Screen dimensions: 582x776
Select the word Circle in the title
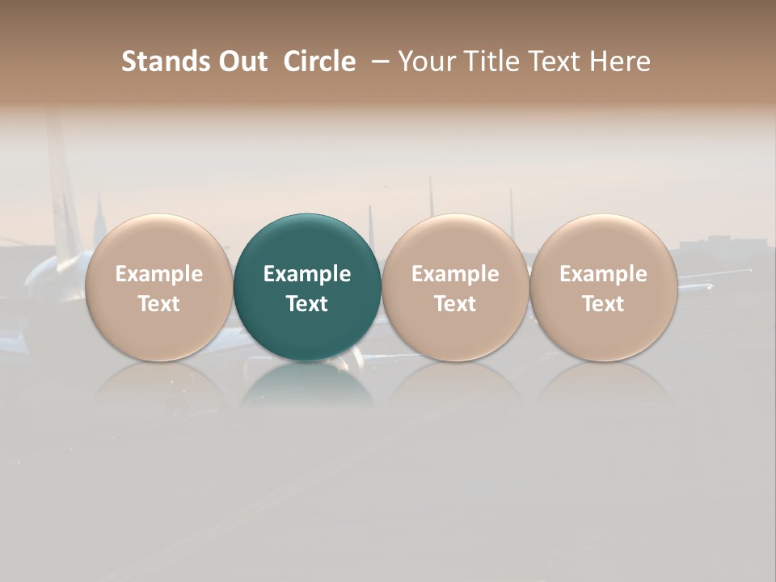point(319,62)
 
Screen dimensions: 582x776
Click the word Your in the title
point(424,62)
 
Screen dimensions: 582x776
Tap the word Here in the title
point(620,62)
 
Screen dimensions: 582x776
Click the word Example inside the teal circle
point(307,274)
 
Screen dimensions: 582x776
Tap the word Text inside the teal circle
point(307,304)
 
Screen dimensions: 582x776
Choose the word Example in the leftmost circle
point(159,274)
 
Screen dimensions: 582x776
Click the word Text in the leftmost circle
point(159,304)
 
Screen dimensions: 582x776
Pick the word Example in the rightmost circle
point(603,274)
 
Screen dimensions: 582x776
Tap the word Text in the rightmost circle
point(603,304)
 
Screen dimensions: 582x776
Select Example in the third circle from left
point(455,274)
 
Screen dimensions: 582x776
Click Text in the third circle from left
point(455,304)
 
